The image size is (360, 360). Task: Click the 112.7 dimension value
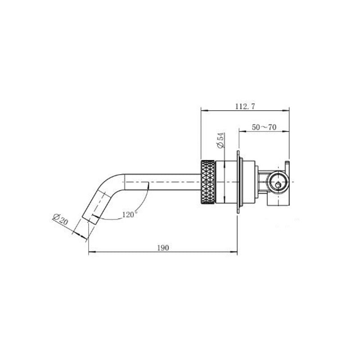[x=245, y=107]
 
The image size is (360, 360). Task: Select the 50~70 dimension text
[x=264, y=127]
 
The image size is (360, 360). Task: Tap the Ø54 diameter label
[x=220, y=140]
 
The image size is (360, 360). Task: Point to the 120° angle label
[x=130, y=215]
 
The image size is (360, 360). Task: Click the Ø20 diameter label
[x=61, y=219]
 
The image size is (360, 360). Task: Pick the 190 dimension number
[x=163, y=248]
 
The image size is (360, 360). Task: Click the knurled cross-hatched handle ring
[x=208, y=182]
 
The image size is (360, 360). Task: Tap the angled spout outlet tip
[x=90, y=220]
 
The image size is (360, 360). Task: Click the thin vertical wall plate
[x=238, y=182]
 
